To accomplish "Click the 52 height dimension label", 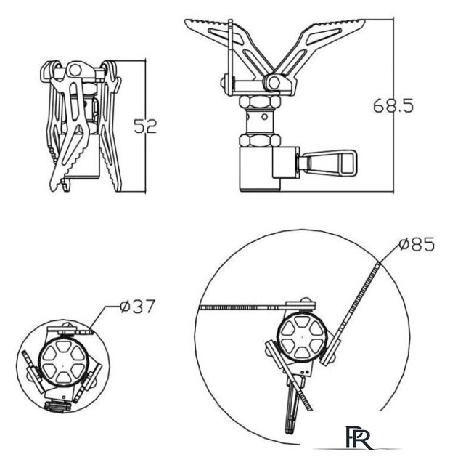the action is click(145, 126).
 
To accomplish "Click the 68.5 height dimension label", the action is click(393, 105).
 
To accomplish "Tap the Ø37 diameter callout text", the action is click(137, 307).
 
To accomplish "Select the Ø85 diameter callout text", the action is click(417, 244).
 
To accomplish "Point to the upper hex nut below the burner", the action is click(260, 102).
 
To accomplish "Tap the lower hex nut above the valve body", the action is click(260, 140).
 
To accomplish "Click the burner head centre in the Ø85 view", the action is click(302, 336).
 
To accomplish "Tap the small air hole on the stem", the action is click(264, 116).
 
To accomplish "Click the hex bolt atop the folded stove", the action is click(75, 70).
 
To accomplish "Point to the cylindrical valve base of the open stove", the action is click(260, 169).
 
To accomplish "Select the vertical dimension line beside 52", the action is click(145, 126).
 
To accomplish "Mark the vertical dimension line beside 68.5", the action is click(393, 105).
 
